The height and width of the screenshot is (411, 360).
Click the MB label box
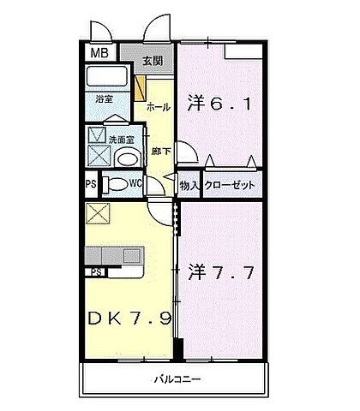pyautogui.click(x=101, y=52)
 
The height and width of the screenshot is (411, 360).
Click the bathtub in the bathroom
pyautogui.click(x=111, y=80)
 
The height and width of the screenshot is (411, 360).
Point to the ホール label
pyautogui.click(x=157, y=107)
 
